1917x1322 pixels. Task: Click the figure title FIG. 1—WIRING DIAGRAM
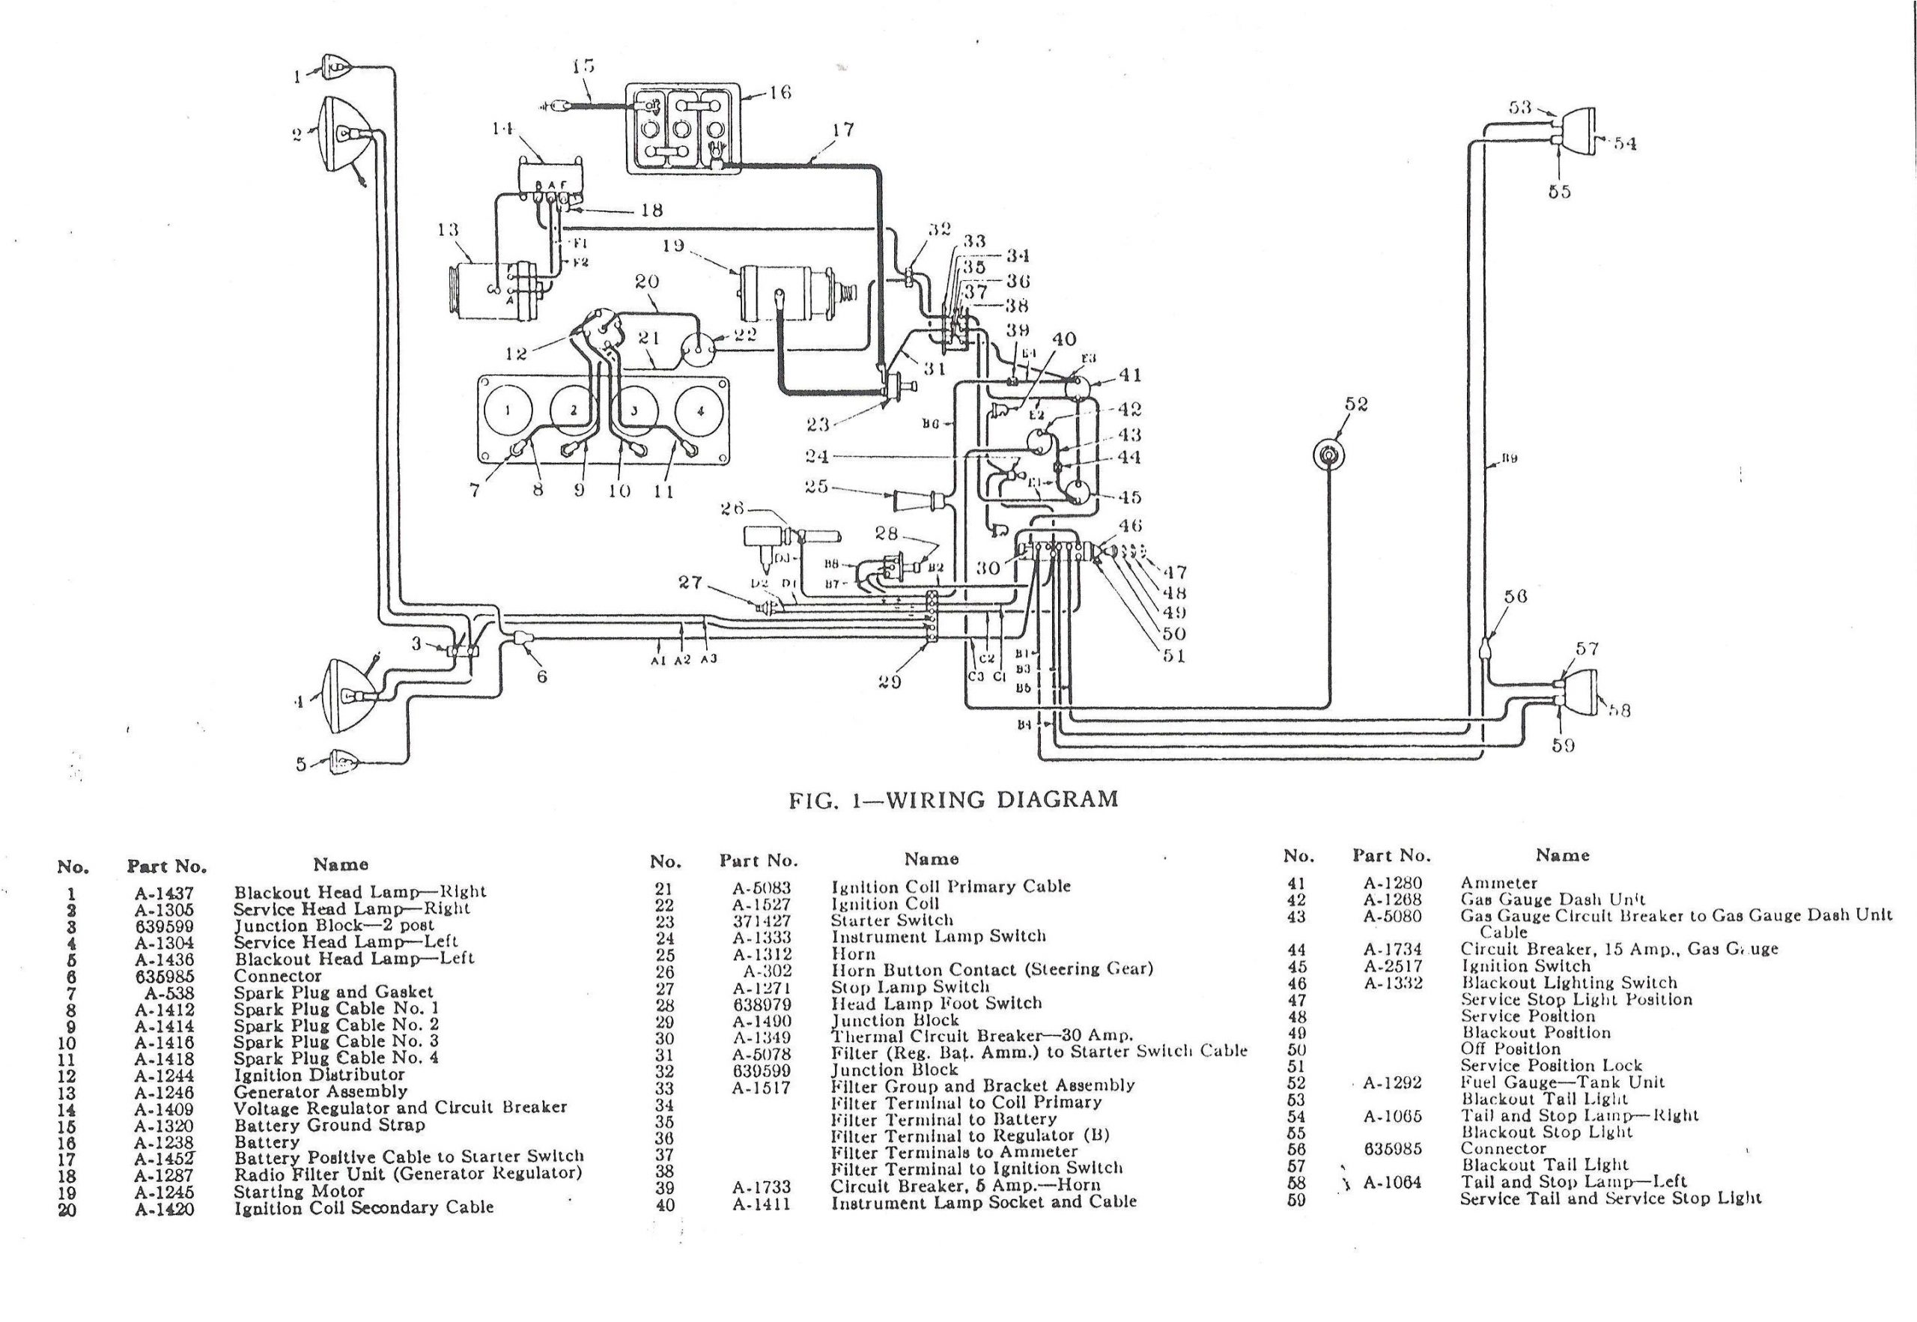tap(953, 799)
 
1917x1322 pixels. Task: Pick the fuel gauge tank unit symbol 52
tap(1328, 455)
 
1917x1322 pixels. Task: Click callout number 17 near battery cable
tap(843, 130)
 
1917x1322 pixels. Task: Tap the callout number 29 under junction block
tap(890, 682)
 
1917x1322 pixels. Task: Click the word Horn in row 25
tap(853, 953)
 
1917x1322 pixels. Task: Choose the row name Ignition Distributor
tap(319, 1075)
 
